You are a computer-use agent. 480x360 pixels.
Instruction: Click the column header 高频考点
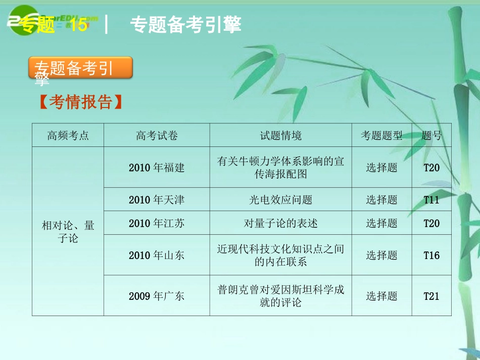68,135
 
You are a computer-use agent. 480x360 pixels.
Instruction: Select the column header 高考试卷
157,135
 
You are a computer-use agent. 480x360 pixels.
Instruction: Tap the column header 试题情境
281,135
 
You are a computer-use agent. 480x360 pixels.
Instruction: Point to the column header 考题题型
381,135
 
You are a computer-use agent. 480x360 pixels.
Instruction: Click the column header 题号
431,135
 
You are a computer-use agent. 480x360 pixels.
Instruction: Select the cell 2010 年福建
157,168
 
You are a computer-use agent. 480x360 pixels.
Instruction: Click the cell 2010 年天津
157,200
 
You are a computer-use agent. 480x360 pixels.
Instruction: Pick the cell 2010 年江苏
157,223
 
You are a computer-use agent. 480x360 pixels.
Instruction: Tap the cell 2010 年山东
157,255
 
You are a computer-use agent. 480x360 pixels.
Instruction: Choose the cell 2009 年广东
157,296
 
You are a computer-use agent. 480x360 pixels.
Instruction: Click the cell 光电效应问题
281,200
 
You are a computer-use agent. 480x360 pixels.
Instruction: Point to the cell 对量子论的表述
281,223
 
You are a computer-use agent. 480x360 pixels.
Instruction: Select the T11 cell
431,200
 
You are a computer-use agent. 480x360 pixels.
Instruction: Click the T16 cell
431,255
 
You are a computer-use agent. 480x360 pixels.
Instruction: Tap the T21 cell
431,296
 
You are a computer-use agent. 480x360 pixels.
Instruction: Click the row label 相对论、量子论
68,232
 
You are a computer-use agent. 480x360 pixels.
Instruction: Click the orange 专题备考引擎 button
80,68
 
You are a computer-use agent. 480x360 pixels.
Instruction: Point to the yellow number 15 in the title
78,25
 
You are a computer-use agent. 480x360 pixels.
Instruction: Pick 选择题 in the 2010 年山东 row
381,255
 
